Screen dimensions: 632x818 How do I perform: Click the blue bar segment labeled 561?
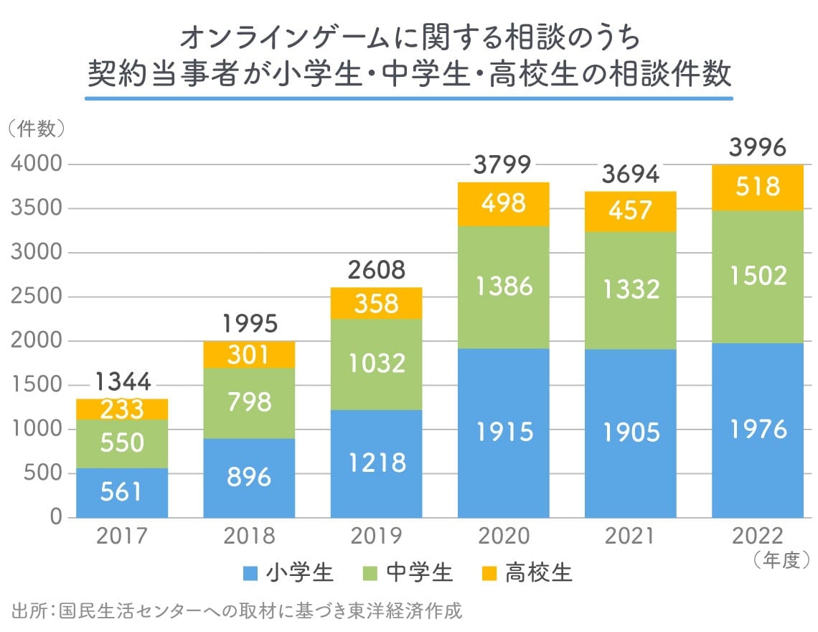click(x=122, y=493)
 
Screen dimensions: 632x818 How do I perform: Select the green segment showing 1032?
click(x=376, y=364)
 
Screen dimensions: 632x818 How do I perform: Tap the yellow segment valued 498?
click(x=503, y=204)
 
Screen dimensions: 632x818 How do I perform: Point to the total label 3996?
click(x=758, y=148)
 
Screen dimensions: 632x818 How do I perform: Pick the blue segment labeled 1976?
click(x=758, y=430)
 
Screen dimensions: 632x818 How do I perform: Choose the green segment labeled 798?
click(x=249, y=402)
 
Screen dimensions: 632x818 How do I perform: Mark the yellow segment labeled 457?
click(x=631, y=210)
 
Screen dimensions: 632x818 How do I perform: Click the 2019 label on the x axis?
click(x=376, y=536)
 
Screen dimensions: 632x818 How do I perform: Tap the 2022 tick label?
click(x=758, y=536)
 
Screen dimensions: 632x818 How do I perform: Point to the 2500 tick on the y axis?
click(x=37, y=297)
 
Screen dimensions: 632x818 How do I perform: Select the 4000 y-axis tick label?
click(x=37, y=164)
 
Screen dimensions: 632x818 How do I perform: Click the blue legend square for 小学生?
click(x=250, y=574)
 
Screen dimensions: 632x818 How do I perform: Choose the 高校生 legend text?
click(x=539, y=574)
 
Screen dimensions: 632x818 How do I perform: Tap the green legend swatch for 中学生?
click(x=370, y=574)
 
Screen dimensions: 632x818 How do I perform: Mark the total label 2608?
click(x=376, y=271)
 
